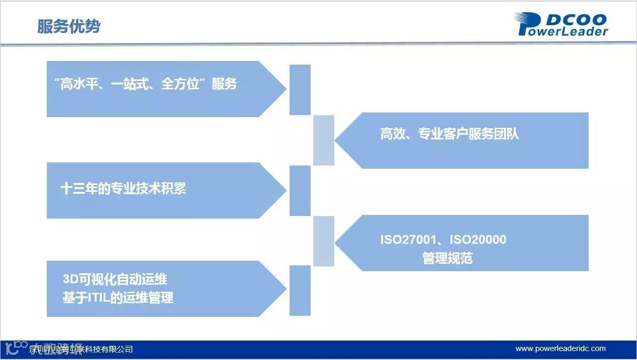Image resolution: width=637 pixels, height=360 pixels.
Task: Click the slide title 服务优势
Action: pyautogui.click(x=69, y=26)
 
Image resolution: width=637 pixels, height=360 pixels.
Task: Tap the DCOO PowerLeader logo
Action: pyautogui.click(x=561, y=25)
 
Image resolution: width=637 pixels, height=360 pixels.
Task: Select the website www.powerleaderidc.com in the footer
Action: pyautogui.click(x=560, y=348)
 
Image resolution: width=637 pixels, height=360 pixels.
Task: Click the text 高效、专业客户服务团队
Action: pyautogui.click(x=449, y=134)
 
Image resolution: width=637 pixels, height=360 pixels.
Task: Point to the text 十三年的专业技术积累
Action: pyautogui.click(x=124, y=189)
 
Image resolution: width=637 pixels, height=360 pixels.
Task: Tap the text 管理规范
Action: pyautogui.click(x=447, y=258)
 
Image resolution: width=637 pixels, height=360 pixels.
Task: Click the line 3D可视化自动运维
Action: pyautogui.click(x=115, y=279)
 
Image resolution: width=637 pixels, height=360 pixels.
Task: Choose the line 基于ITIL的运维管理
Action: pyautogui.click(x=118, y=298)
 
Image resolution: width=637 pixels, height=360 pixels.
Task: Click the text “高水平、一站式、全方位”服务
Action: pyautogui.click(x=146, y=84)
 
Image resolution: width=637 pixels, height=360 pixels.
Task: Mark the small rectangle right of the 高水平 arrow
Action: pyautogui.click(x=300, y=89)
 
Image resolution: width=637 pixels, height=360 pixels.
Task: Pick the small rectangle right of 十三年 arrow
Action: pyautogui.click(x=300, y=190)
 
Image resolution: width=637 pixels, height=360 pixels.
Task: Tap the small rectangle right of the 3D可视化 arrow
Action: pyautogui.click(x=300, y=291)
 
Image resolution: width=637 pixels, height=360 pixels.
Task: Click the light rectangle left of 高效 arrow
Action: pyautogui.click(x=324, y=140)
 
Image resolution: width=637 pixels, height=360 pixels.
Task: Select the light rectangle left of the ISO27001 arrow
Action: pyautogui.click(x=324, y=241)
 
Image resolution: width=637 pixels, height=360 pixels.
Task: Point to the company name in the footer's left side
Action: pyautogui.click(x=81, y=349)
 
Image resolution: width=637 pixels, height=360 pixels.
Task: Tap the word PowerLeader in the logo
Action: pyautogui.click(x=563, y=31)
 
